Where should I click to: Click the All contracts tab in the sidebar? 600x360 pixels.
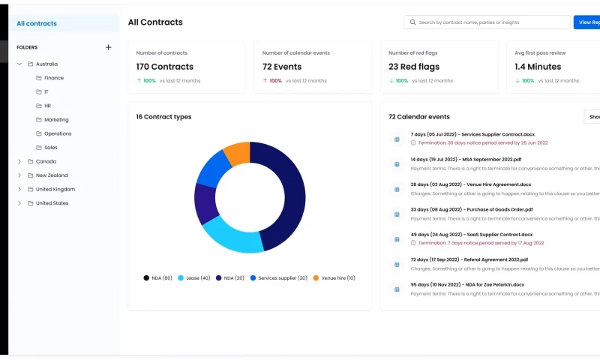click(x=37, y=23)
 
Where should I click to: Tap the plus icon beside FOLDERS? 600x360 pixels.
click(x=108, y=47)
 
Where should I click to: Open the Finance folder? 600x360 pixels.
click(x=53, y=78)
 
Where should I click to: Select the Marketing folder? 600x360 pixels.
click(x=56, y=120)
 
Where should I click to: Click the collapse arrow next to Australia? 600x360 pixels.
click(x=19, y=64)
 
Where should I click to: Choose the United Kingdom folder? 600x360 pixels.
click(x=55, y=189)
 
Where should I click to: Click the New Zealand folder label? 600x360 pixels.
click(x=52, y=175)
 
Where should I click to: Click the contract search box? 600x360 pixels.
click(x=487, y=22)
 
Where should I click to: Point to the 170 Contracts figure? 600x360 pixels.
click(x=165, y=67)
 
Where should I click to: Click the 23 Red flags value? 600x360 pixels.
click(x=414, y=67)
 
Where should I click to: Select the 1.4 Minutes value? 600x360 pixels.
click(x=538, y=67)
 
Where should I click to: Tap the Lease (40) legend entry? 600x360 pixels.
click(x=194, y=277)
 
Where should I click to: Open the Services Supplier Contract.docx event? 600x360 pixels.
click(x=472, y=134)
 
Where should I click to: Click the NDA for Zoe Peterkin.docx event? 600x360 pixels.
click(x=467, y=285)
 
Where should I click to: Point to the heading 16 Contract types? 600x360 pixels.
click(x=163, y=117)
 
